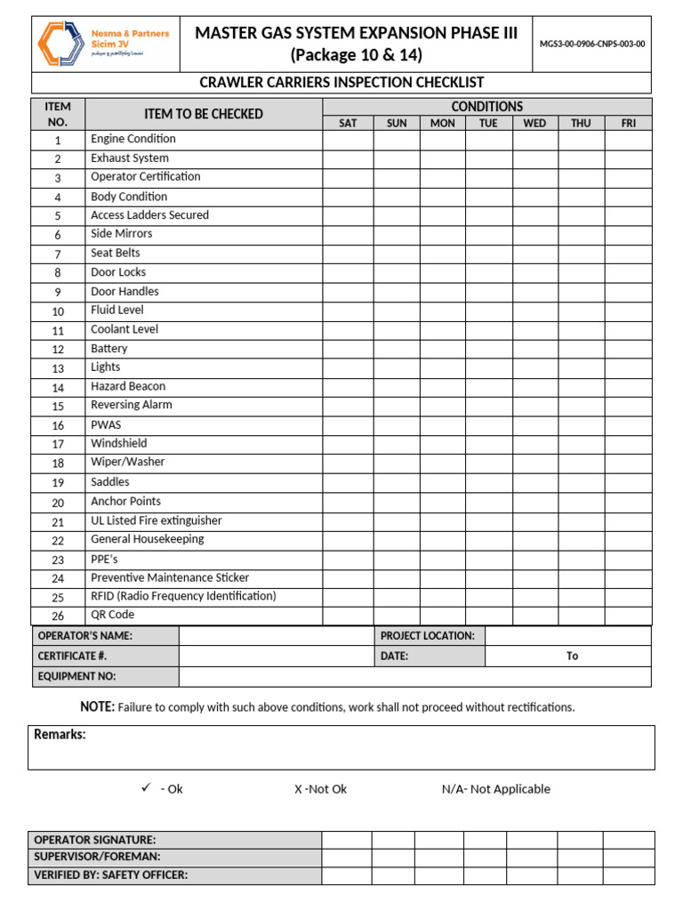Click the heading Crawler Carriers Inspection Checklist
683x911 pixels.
341,83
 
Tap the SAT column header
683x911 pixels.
348,123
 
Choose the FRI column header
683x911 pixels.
628,123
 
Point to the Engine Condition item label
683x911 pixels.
133,139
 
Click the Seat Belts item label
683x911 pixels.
116,253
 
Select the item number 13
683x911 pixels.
58,368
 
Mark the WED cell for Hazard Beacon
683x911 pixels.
534,387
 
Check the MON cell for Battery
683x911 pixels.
442,349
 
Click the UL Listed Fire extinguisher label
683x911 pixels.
157,520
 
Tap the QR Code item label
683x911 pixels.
113,615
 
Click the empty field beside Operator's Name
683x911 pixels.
276,636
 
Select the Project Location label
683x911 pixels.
428,636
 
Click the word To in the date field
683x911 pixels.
572,656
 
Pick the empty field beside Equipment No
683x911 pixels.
414,676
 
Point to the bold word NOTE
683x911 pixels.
97,706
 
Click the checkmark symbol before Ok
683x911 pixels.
146,788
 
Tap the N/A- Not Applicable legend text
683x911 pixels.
495,789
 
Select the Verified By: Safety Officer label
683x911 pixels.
110,875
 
